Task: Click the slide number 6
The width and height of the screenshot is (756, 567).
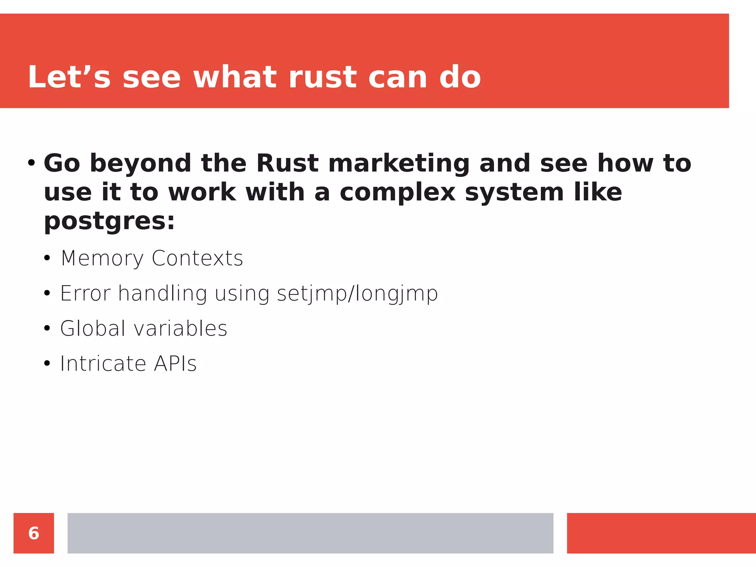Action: pos(34,533)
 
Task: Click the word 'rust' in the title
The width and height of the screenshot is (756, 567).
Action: pos(322,78)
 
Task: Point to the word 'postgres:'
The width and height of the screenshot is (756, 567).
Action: pos(109,221)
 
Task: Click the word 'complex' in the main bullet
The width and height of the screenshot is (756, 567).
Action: pos(398,193)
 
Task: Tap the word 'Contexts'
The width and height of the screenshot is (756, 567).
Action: pos(197,258)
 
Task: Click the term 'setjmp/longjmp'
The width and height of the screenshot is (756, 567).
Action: pos(357,294)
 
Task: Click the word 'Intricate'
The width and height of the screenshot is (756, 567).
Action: pos(103,364)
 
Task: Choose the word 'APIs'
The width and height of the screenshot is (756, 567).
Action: pos(175,364)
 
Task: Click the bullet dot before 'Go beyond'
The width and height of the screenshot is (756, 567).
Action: pos(31,163)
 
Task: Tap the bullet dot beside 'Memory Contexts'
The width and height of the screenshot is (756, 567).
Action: pos(47,258)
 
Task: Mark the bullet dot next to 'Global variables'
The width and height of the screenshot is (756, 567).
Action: pos(47,328)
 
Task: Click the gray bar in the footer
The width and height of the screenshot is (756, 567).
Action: pos(310,533)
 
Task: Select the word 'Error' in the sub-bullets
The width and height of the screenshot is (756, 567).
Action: pos(85,294)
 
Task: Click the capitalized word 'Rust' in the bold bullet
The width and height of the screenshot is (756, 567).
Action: pos(287,164)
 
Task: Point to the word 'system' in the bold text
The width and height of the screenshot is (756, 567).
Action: pos(514,193)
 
